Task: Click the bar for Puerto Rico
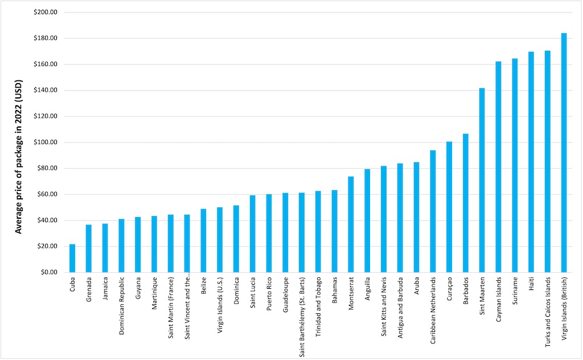pos(269,233)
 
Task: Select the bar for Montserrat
pos(351,224)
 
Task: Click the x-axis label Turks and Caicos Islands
pos(548,310)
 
